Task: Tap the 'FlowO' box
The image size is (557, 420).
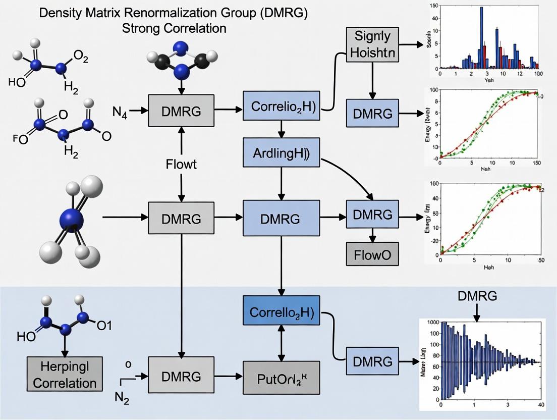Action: tap(372, 254)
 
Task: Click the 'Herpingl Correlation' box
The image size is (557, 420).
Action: tap(61, 374)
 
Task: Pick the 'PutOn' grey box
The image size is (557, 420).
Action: tap(282, 377)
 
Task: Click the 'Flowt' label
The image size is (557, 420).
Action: tap(181, 165)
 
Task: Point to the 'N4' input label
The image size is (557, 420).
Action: tap(120, 113)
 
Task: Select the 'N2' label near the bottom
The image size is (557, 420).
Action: tap(123, 398)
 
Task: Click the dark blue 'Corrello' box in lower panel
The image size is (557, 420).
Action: tap(282, 312)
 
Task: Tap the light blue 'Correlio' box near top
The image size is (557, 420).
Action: tap(282, 106)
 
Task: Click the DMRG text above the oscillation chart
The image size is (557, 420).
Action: tap(476, 296)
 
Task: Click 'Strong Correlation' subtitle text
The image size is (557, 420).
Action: tap(174, 28)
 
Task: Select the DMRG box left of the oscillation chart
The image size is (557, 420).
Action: tap(372, 361)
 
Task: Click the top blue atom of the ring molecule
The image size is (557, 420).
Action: tap(180, 48)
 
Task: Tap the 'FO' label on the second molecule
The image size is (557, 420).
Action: tap(21, 138)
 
